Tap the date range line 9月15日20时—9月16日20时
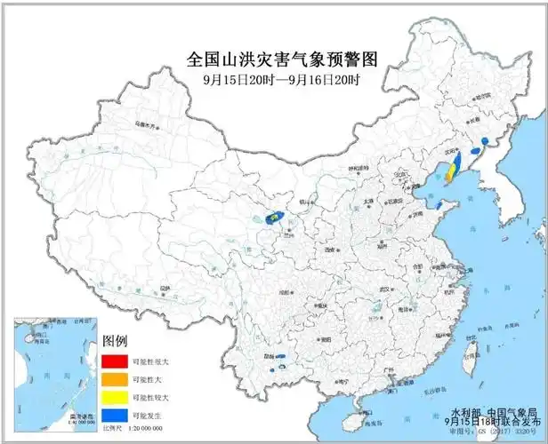pyautogui.click(x=282, y=79)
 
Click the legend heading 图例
pyautogui.click(x=116, y=341)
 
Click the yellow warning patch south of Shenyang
pyautogui.click(x=451, y=170)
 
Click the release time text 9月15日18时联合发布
pyautogui.click(x=490, y=424)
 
